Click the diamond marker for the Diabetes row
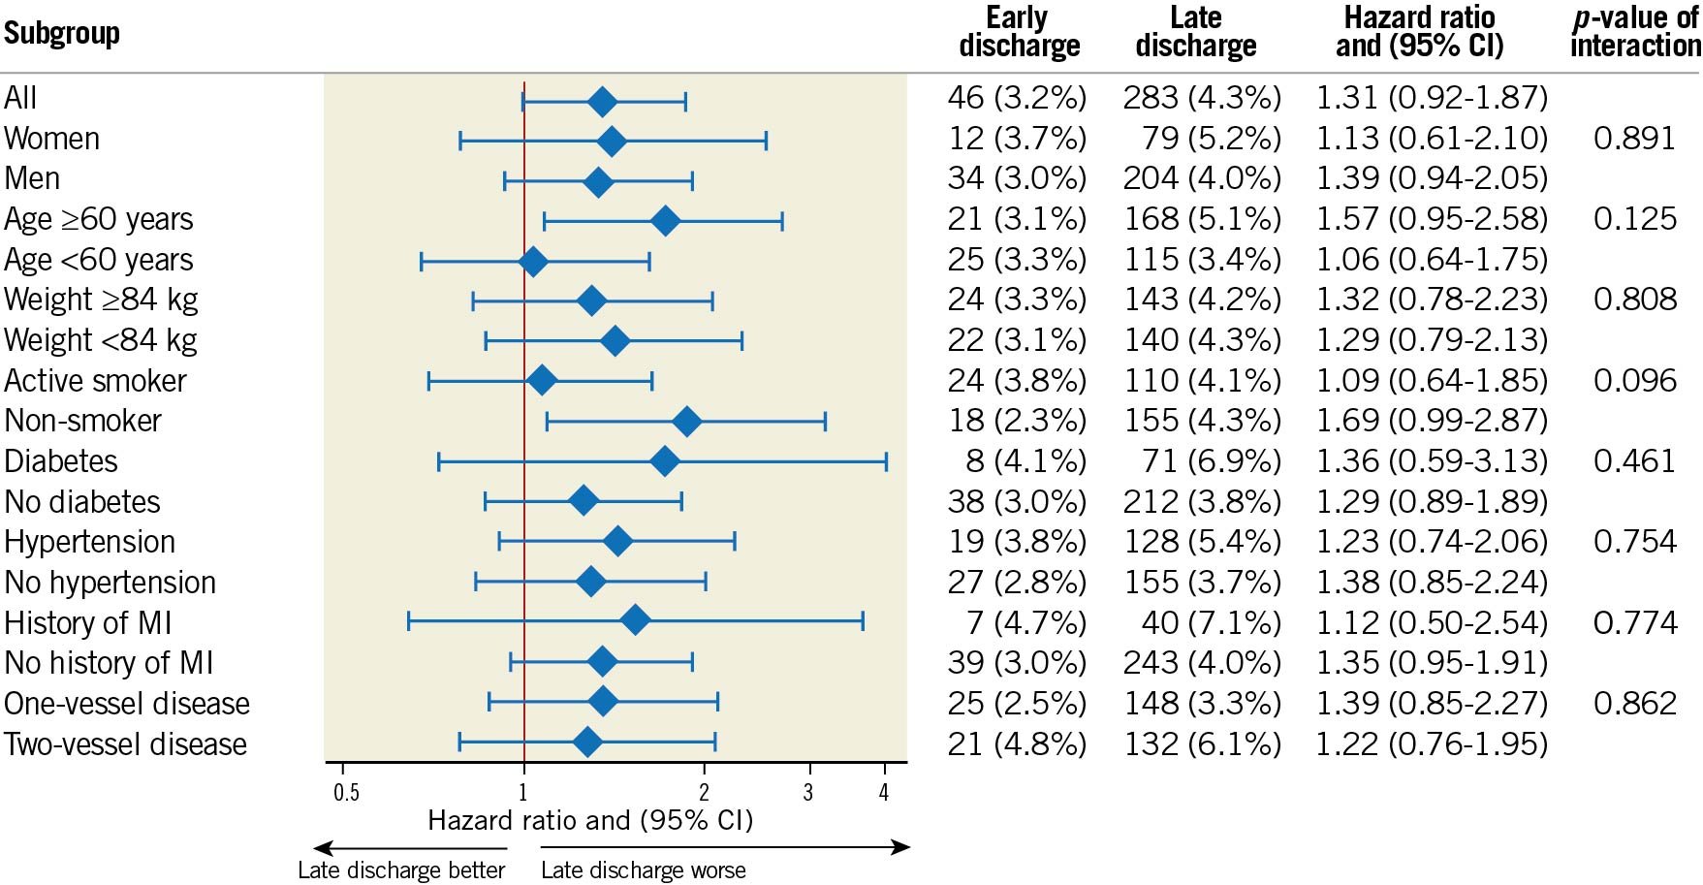[x=664, y=461]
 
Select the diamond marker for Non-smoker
[x=686, y=422]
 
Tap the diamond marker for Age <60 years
[x=532, y=261]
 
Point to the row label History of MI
[x=88, y=622]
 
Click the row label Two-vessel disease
[x=126, y=744]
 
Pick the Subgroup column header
[x=62, y=33]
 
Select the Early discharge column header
[x=1019, y=32]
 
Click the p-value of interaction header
[x=1635, y=32]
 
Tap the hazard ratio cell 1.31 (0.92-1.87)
[x=1432, y=98]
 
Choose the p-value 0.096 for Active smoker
[x=1635, y=381]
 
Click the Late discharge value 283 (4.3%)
[x=1202, y=98]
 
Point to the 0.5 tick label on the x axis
[x=346, y=793]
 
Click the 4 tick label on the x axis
[x=884, y=793]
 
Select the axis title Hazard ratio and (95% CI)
[x=590, y=821]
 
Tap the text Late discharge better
[x=401, y=870]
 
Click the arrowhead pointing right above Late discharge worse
[x=901, y=848]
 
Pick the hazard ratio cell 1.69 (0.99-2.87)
[x=1432, y=422]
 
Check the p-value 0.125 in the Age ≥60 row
[x=1635, y=219]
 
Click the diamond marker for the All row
[x=603, y=101]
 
